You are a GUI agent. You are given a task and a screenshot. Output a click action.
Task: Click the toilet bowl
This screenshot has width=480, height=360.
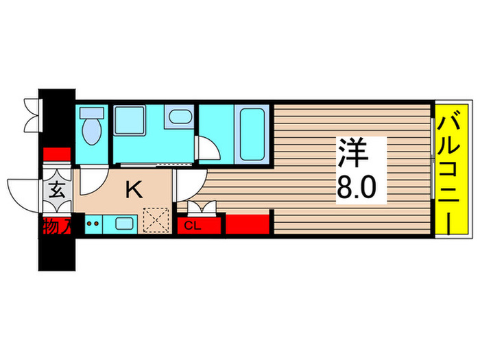91,127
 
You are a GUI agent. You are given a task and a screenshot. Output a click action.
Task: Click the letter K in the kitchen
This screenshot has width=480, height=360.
134,190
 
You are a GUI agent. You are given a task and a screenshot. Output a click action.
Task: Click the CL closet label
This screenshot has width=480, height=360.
193,226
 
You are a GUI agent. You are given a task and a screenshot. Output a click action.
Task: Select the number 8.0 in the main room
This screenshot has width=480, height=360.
357,187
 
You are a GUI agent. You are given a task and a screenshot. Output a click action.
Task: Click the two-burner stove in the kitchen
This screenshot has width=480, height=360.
94,223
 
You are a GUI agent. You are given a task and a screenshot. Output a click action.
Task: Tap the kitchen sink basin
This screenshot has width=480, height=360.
124,223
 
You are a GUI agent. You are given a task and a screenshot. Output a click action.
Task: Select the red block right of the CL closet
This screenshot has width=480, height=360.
249,225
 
